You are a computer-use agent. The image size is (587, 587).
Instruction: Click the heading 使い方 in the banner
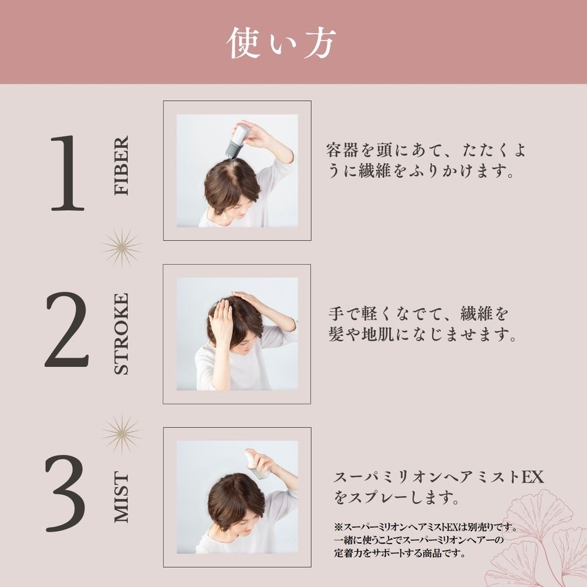click(x=281, y=43)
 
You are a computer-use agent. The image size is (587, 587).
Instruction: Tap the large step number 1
click(x=68, y=173)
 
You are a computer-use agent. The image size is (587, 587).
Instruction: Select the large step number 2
click(x=67, y=329)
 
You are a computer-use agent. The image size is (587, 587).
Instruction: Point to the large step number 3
click(x=66, y=493)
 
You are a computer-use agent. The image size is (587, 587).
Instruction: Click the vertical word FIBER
click(x=122, y=165)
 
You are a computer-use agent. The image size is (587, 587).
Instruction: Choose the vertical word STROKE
click(x=122, y=334)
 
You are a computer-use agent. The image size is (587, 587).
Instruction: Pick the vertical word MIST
click(x=122, y=497)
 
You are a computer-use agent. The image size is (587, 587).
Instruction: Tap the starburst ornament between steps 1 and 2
click(x=122, y=248)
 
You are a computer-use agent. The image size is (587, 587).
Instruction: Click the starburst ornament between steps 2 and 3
click(x=122, y=434)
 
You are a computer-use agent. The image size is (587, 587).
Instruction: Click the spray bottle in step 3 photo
click(x=257, y=464)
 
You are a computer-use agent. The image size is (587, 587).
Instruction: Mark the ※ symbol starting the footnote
click(x=339, y=527)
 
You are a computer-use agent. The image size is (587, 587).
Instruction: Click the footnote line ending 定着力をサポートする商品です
click(x=400, y=553)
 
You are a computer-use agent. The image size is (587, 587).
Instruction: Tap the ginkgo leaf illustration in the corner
click(x=539, y=539)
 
